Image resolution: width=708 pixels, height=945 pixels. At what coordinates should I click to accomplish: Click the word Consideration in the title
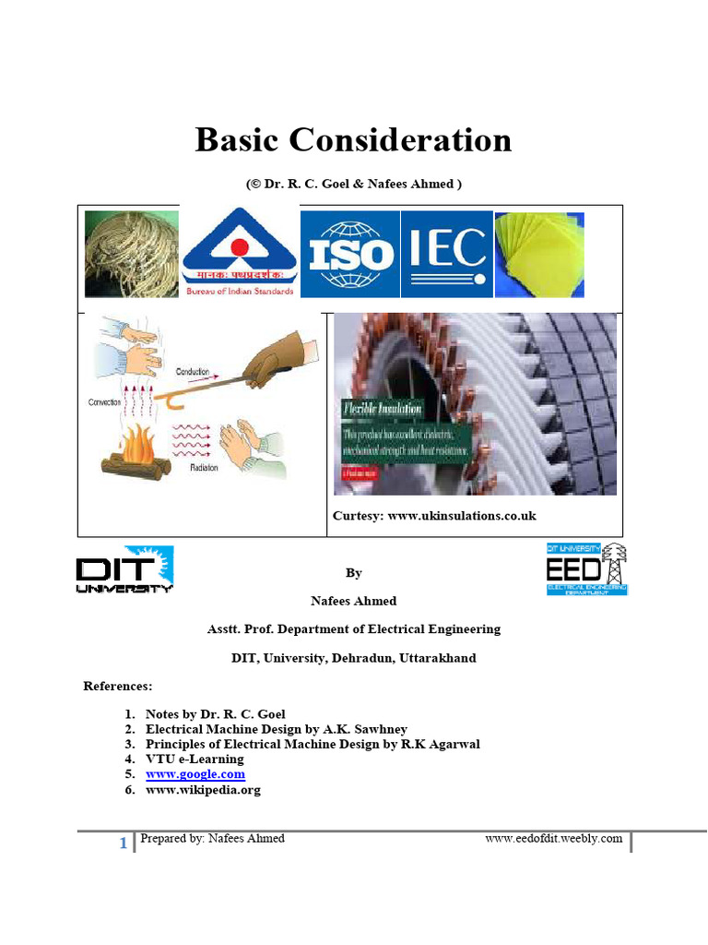pos(400,140)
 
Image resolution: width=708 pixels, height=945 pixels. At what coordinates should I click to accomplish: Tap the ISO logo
pos(351,254)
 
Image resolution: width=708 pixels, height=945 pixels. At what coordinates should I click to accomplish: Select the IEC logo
pos(447,253)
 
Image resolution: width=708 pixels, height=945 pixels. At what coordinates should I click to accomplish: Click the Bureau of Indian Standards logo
pos(240,252)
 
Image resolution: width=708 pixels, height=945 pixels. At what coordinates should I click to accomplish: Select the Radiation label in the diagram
pos(205,468)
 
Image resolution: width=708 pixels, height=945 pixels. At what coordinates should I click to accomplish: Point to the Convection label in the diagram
pos(105,402)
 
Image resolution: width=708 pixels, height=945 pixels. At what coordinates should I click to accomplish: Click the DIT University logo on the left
pos(124,569)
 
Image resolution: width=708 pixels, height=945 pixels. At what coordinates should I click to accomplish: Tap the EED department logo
pos(587,568)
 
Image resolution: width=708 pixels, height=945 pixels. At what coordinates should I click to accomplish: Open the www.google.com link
pos(195,774)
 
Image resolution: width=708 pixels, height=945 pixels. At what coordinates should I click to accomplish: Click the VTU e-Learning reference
pos(195,759)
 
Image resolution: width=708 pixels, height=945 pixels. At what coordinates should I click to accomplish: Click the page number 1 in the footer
pos(123,843)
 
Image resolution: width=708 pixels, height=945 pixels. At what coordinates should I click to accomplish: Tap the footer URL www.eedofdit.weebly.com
pos(554,839)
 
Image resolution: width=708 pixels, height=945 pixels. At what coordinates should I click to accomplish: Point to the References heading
pos(118,687)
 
